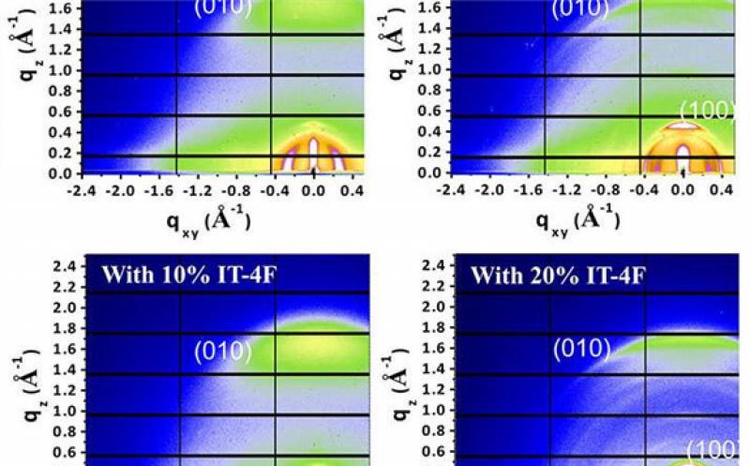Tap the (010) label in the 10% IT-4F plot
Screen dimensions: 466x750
[223, 352]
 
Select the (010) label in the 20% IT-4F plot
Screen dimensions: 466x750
[581, 350]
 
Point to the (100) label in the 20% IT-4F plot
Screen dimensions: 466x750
[715, 449]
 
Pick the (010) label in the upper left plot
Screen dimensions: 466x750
[223, 8]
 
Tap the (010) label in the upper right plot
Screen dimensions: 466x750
[577, 8]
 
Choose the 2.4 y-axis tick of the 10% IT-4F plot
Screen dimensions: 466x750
[64, 267]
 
